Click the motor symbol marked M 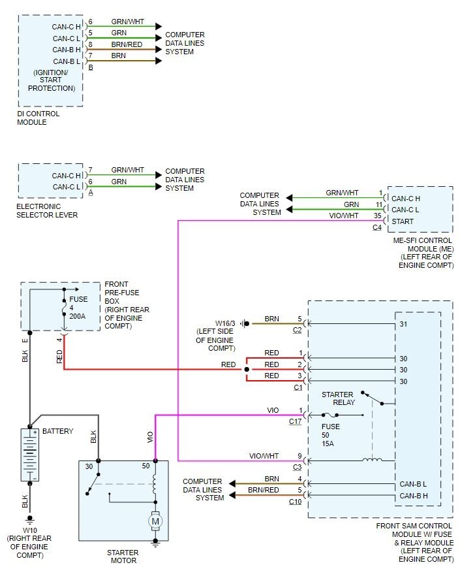pyautogui.click(x=155, y=521)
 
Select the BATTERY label pyautogui.click(x=58, y=431)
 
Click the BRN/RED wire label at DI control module pyautogui.click(x=127, y=45)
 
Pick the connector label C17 pyautogui.click(x=296, y=421)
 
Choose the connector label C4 pyautogui.click(x=377, y=227)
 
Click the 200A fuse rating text pyautogui.click(x=78, y=315)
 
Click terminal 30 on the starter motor pyautogui.click(x=89, y=466)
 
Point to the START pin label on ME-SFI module pyautogui.click(x=402, y=221)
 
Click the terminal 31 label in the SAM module pyautogui.click(x=404, y=323)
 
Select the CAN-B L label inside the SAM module pyautogui.click(x=413, y=484)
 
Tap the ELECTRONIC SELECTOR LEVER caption pyautogui.click(x=47, y=210)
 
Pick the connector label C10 pyautogui.click(x=296, y=502)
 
